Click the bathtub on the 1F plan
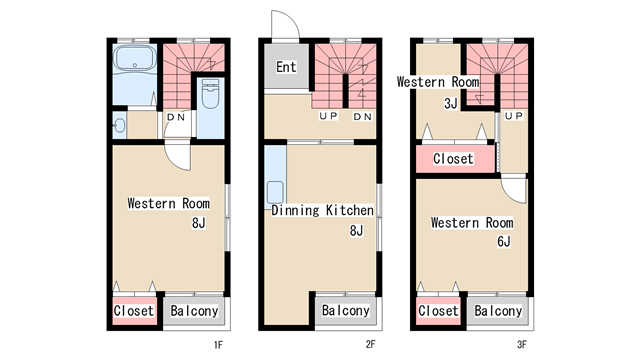pyautogui.click(x=134, y=58)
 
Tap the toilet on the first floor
pyautogui.click(x=210, y=94)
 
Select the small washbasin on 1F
pyautogui.click(x=119, y=125)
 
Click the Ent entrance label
pyautogui.click(x=286, y=67)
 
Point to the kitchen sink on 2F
pyautogui.click(x=276, y=192)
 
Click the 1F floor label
pyautogui.click(x=218, y=345)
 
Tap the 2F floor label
pyautogui.click(x=370, y=344)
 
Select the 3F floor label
pyautogui.click(x=522, y=345)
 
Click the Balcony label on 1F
pyautogui.click(x=194, y=311)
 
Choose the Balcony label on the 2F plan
pyautogui.click(x=346, y=310)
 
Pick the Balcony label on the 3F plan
pyautogui.click(x=498, y=311)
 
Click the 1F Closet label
pyautogui.click(x=134, y=311)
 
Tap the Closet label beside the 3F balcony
pyautogui.click(x=438, y=311)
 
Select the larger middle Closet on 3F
pyautogui.click(x=453, y=159)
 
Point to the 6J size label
pyautogui.click(x=504, y=242)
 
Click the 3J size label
pyautogui.click(x=451, y=103)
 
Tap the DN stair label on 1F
pyautogui.click(x=176, y=118)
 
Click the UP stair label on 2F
pyautogui.click(x=329, y=116)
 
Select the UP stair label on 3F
pyautogui.click(x=514, y=116)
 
